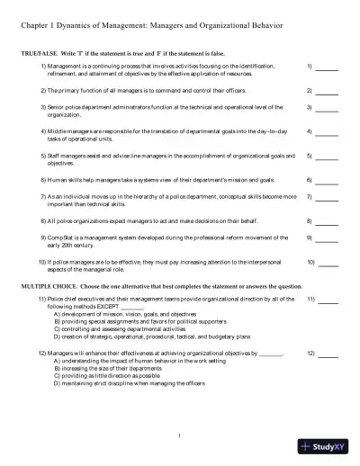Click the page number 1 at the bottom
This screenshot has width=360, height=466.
coord(180,437)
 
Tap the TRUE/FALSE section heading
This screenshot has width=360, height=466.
coord(42,54)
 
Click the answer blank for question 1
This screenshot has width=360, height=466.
coord(328,68)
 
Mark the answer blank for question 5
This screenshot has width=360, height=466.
coord(328,158)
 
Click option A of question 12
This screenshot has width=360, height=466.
coord(126,363)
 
